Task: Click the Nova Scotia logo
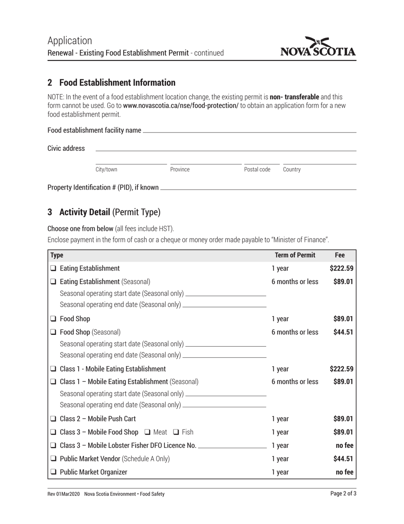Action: pos(318,47)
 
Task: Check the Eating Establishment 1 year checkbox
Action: pos(53,268)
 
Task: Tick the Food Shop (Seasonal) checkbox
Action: pos(53,332)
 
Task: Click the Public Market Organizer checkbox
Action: pos(53,472)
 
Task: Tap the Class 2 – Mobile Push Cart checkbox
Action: pos(53,419)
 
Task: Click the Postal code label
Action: pos(257,170)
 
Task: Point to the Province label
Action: pos(180,170)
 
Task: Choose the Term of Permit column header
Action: pos(295,255)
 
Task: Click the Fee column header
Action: pos(340,255)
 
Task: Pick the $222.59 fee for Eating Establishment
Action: pos(341,268)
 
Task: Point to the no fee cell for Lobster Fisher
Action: pos(344,445)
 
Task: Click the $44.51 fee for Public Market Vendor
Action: pos(343,459)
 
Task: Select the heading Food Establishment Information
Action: pos(117,83)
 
